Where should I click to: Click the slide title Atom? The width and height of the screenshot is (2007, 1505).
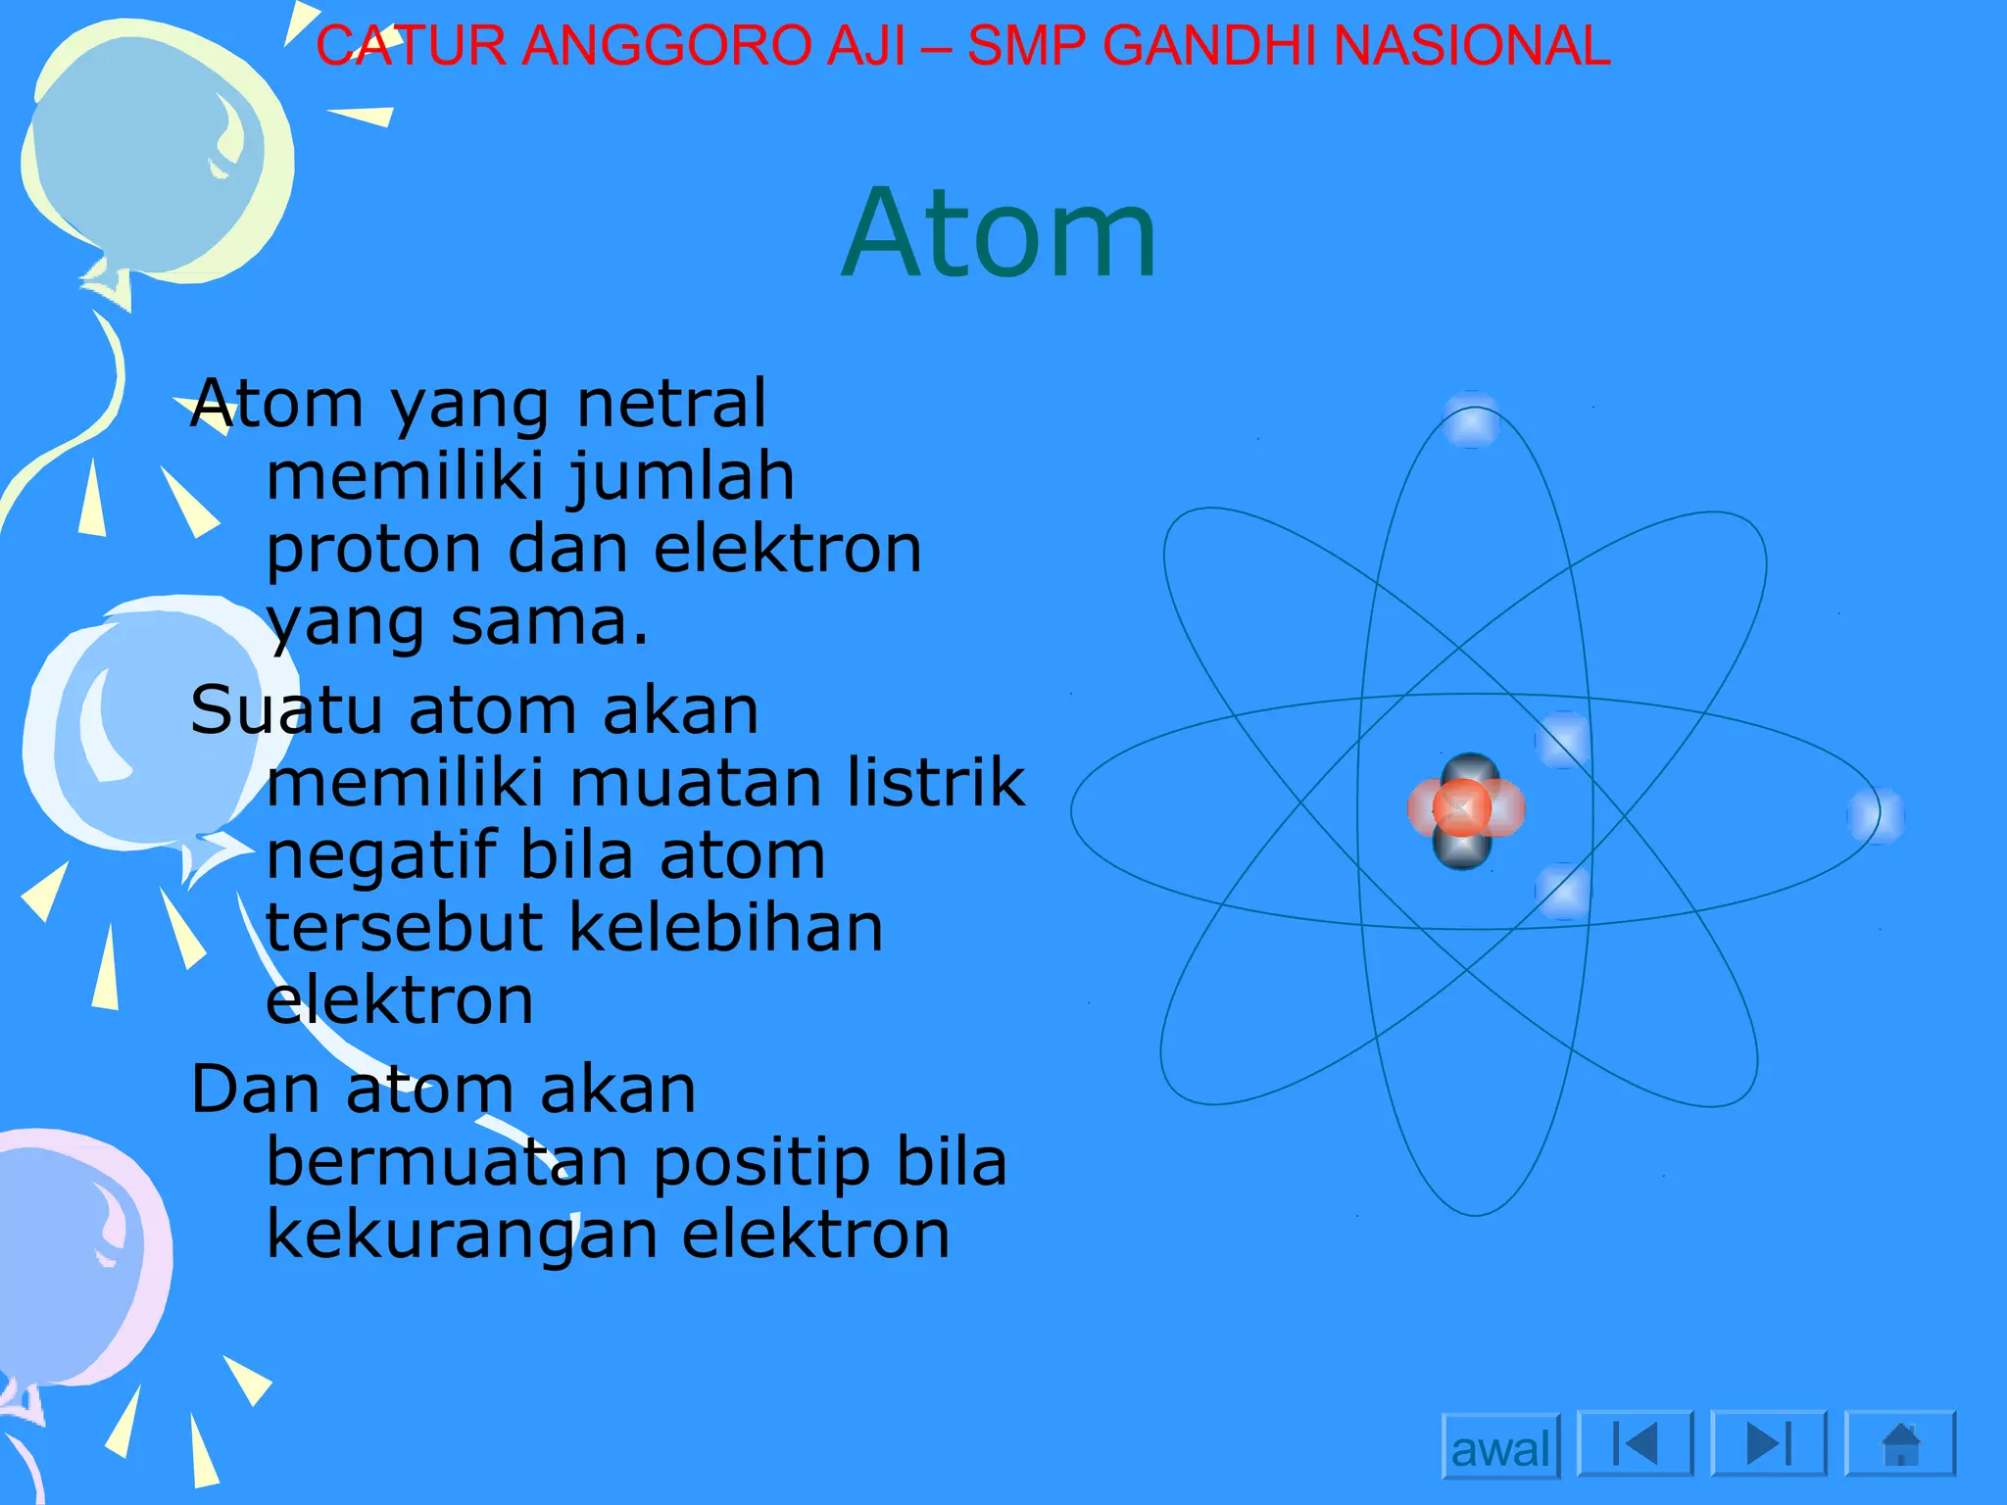1000,235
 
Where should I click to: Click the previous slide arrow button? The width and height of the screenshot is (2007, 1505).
1635,1443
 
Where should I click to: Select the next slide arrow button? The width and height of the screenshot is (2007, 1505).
1769,1443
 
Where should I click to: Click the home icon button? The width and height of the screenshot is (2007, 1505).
1900,1443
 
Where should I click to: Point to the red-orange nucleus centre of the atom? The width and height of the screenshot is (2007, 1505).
1462,808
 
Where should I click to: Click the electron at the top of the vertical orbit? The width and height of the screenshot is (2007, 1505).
1471,420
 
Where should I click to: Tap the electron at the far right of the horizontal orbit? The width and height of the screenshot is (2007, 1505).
1876,815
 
